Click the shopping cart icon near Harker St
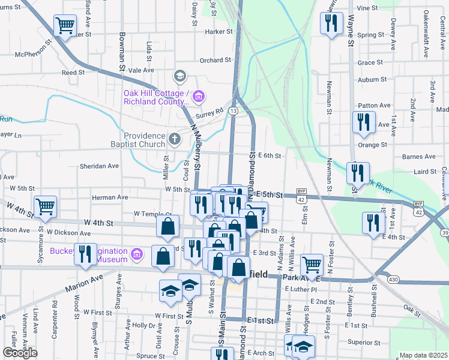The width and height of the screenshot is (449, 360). pos(65,26)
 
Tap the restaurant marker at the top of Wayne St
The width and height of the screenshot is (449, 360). pos(331,23)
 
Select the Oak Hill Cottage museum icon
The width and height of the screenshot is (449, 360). pos(199,95)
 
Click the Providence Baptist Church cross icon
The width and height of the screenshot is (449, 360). pos(175,139)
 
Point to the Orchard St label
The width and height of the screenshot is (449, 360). pos(215,60)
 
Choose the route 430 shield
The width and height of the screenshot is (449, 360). pos(393,280)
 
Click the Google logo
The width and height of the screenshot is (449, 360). pos(20,352)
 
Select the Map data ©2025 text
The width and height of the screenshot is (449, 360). pos(423,355)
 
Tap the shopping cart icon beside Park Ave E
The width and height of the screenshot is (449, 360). pos(311,263)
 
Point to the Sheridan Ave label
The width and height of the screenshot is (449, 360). pos(100,166)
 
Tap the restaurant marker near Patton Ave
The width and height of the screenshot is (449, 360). pos(363,122)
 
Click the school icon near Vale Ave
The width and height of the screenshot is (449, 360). pos(179,76)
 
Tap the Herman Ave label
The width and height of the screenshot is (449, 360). pos(110,197)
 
